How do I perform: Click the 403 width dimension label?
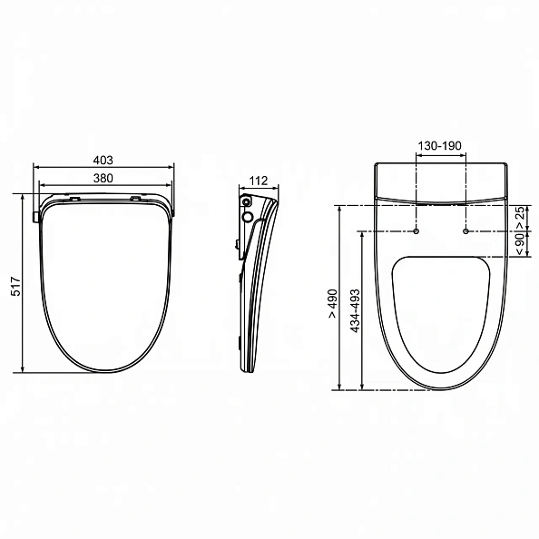click(x=103, y=161)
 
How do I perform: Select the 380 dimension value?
click(x=103, y=178)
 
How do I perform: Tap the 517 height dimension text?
click(x=15, y=286)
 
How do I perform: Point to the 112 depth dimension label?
click(x=258, y=181)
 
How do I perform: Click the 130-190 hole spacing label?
click(x=439, y=146)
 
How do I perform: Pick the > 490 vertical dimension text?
click(x=332, y=304)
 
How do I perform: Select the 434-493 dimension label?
click(x=355, y=311)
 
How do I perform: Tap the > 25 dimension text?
click(x=521, y=217)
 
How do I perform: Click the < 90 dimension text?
click(x=521, y=244)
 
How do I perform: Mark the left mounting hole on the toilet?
click(x=416, y=231)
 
